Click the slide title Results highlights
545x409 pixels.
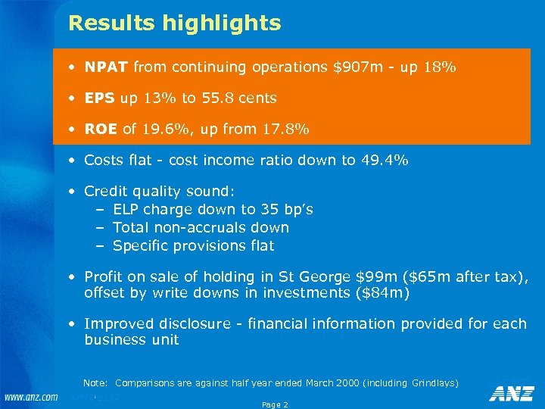pos(174,23)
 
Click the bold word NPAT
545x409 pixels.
pos(107,67)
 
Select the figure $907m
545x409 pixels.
pos(358,67)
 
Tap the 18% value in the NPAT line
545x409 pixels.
pos(439,67)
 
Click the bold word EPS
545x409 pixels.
pos(100,98)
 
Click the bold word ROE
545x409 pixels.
pos(101,130)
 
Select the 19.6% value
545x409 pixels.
pos(167,130)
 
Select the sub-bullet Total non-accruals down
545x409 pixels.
pos(201,228)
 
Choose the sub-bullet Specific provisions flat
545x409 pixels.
pos(193,246)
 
